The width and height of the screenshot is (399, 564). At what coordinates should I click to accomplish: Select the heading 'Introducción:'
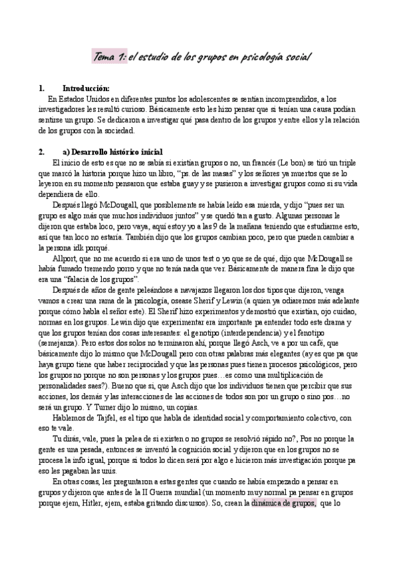click(x=86, y=88)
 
